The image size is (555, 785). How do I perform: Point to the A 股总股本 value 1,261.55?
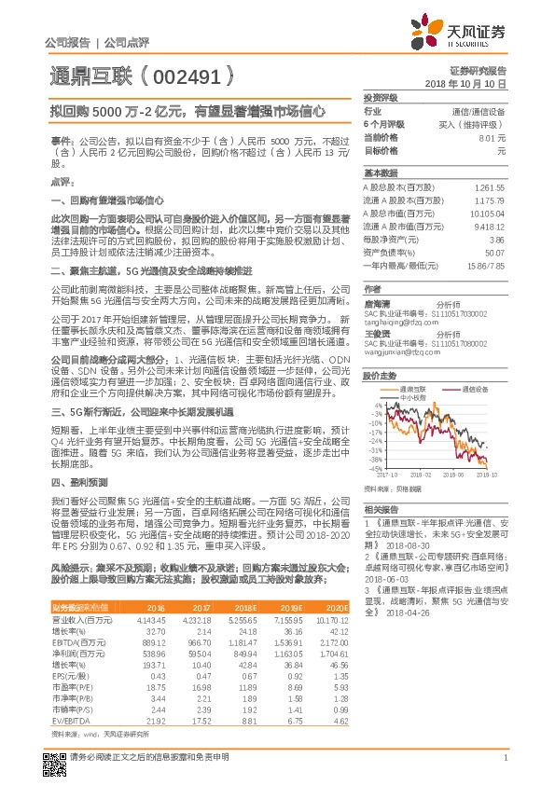coord(489,187)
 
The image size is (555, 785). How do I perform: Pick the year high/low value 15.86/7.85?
coord(484,266)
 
